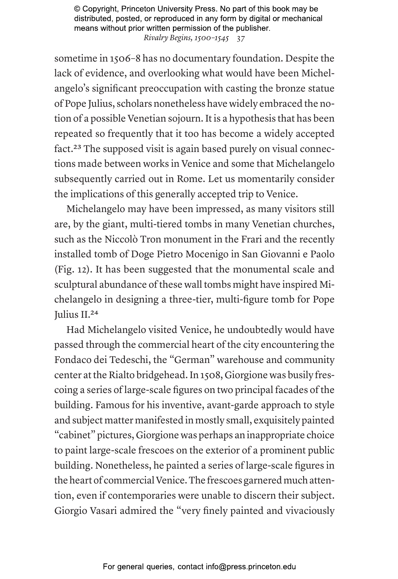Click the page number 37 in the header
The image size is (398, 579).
click(x=241, y=38)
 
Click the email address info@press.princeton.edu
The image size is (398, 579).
click(x=251, y=567)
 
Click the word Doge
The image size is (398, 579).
click(x=142, y=254)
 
